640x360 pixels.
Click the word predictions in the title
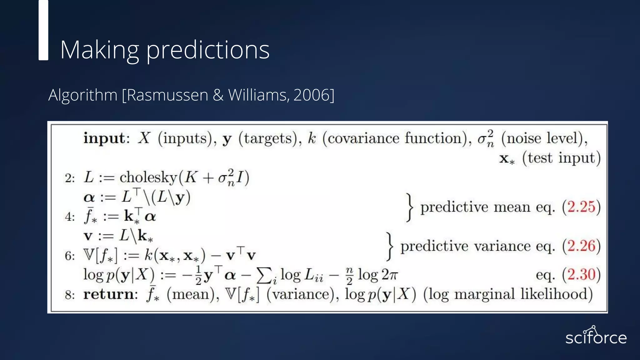coord(208,50)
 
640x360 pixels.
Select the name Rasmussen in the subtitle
coord(167,95)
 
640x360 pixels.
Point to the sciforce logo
coord(596,336)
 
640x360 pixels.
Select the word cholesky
coord(148,177)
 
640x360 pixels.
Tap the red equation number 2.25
coord(581,207)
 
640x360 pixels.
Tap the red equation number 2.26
coord(581,246)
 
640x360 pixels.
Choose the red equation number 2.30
coord(581,275)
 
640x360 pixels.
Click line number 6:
coord(70,256)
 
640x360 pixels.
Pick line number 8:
coord(70,295)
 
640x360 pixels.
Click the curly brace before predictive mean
coord(409,207)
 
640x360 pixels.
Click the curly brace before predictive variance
coord(389,246)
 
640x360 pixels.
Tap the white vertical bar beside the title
coord(43,30)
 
